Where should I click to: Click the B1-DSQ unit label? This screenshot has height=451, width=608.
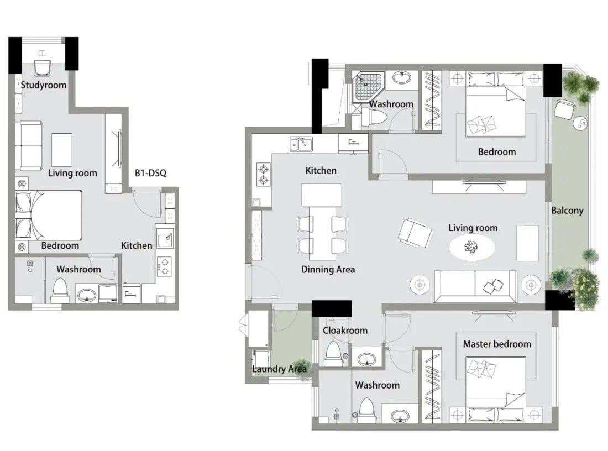point(150,173)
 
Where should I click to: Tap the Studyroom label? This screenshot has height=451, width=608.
point(44,85)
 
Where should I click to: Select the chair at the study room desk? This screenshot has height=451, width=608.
point(42,68)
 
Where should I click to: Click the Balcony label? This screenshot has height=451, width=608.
point(567,211)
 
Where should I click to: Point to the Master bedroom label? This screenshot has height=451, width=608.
point(497,344)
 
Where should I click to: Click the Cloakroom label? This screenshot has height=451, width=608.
point(345,331)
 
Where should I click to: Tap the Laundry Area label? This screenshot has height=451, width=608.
point(279,369)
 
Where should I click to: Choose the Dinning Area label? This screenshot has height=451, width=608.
point(328,270)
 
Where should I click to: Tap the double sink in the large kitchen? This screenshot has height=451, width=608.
point(301,144)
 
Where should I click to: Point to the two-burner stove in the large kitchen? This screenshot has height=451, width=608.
point(263,175)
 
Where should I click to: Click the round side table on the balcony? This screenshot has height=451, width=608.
point(580,123)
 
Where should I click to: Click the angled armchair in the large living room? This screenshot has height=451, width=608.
point(415,232)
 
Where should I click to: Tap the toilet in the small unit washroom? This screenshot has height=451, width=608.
point(60,291)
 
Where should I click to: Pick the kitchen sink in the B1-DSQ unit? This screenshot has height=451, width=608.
point(165,238)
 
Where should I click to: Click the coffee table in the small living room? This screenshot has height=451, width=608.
point(62,150)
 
